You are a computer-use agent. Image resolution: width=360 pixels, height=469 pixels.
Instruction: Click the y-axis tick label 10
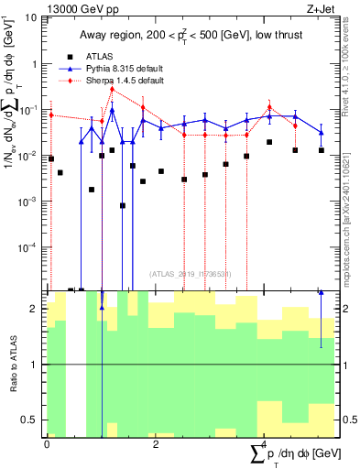(30, 17)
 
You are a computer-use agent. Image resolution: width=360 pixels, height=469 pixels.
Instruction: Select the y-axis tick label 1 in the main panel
(34, 63)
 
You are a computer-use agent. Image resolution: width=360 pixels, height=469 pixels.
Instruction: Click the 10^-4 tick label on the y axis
(28, 246)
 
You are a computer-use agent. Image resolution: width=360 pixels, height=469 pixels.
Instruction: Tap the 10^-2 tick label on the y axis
(28, 155)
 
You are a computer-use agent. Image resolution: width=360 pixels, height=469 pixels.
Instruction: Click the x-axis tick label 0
(47, 443)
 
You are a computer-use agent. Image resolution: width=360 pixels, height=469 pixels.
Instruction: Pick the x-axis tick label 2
(156, 443)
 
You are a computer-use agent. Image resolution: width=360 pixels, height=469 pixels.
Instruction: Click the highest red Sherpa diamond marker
(112, 89)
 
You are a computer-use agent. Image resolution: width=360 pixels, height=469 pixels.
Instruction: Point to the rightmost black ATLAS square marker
(321, 149)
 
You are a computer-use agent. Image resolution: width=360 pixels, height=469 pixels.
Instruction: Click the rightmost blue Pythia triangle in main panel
(321, 133)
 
